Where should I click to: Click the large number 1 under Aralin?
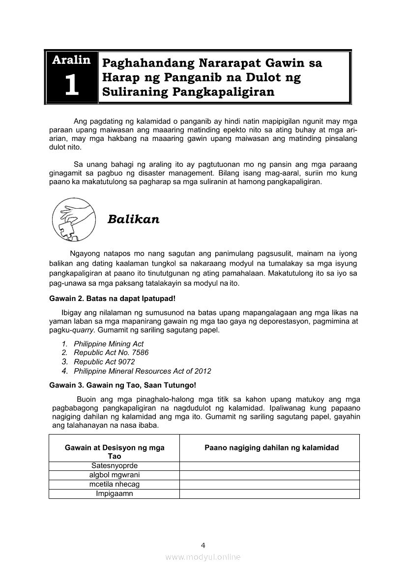point(71,85)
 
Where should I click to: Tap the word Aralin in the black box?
point(71,60)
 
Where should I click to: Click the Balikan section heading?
point(133,219)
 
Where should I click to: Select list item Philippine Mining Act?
point(109,344)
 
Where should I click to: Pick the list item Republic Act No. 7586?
point(111,353)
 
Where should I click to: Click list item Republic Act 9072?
point(104,361)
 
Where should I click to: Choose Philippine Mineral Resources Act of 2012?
point(143,371)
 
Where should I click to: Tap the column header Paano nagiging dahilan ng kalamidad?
point(271,447)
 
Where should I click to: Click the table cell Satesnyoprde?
point(115,465)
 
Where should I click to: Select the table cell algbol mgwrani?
point(115,475)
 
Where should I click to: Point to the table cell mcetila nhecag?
point(115,484)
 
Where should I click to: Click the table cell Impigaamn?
point(115,493)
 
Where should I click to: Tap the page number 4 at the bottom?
point(203,545)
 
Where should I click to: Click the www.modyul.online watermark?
point(203,557)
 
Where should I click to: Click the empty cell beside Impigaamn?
point(269,493)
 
